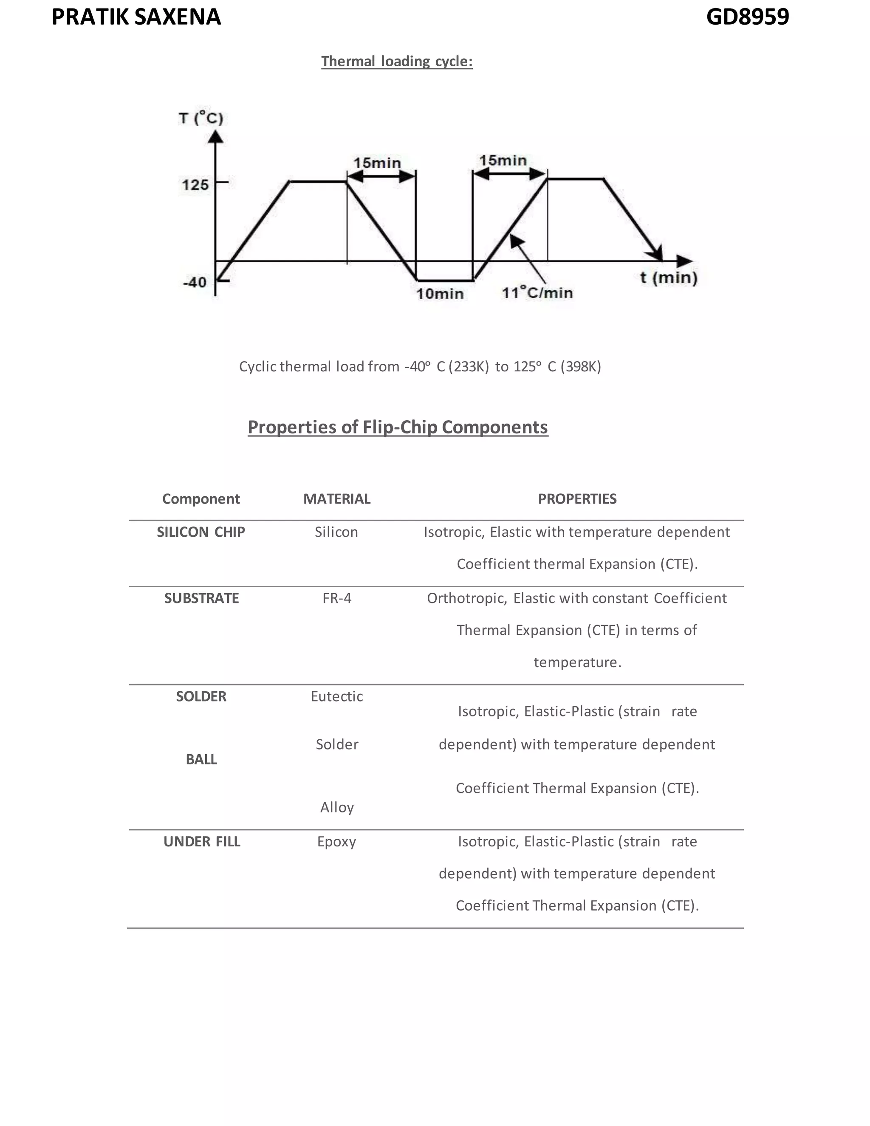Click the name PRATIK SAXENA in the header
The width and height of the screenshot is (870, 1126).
click(136, 17)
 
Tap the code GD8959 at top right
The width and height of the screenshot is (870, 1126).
click(747, 17)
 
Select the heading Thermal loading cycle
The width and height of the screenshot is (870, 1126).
click(396, 61)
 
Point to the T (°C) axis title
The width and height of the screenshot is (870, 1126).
click(201, 118)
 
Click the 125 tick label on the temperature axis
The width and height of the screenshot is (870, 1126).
click(195, 184)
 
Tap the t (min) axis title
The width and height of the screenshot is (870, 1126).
click(669, 278)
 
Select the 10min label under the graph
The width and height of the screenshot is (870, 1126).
click(440, 294)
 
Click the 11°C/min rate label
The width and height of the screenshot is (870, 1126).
click(537, 293)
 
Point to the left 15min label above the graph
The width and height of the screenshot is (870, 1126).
click(377, 163)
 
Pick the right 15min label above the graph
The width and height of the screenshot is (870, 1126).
click(503, 160)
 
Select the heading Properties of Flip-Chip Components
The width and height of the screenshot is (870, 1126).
click(397, 427)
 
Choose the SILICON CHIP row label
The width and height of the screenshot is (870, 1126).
click(201, 532)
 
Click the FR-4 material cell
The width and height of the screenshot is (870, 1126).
click(336, 598)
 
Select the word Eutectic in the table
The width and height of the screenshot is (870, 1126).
click(336, 696)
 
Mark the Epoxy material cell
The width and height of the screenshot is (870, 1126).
click(336, 841)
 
